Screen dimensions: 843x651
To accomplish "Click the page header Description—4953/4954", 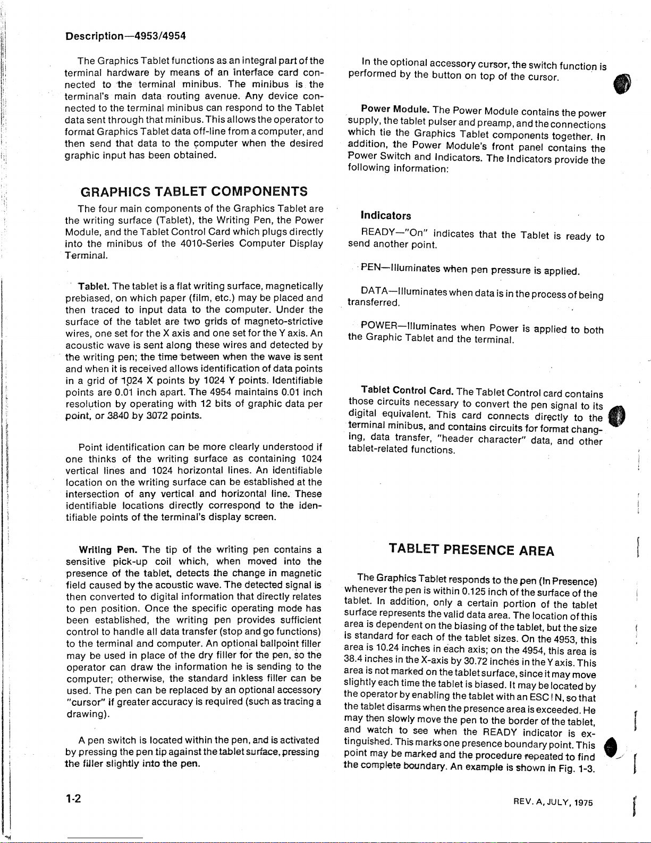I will tap(125, 37).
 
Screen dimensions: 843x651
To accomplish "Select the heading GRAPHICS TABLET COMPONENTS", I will tap(193, 191).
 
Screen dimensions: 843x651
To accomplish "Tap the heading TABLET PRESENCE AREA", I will tap(471, 549).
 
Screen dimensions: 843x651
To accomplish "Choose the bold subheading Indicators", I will tap(385, 215).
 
